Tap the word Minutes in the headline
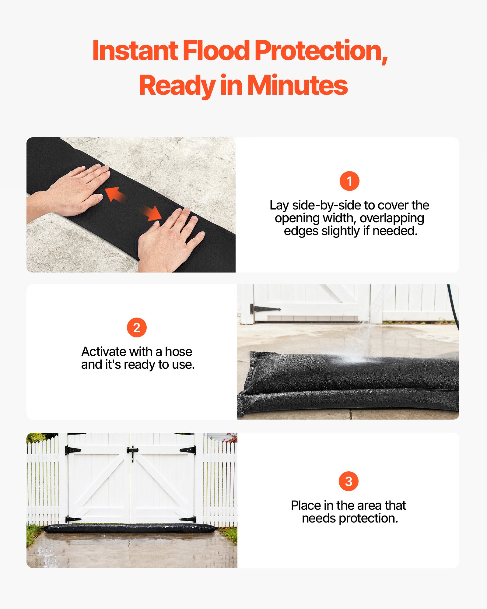point(297,86)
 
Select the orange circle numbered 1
point(349,181)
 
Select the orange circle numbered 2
point(137,328)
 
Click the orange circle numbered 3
point(349,481)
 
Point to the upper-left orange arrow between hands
point(115,194)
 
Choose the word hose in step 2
point(178,352)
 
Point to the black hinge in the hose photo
point(264,309)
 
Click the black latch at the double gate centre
point(132,451)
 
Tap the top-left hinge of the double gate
point(72,450)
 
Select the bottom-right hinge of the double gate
point(188,519)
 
